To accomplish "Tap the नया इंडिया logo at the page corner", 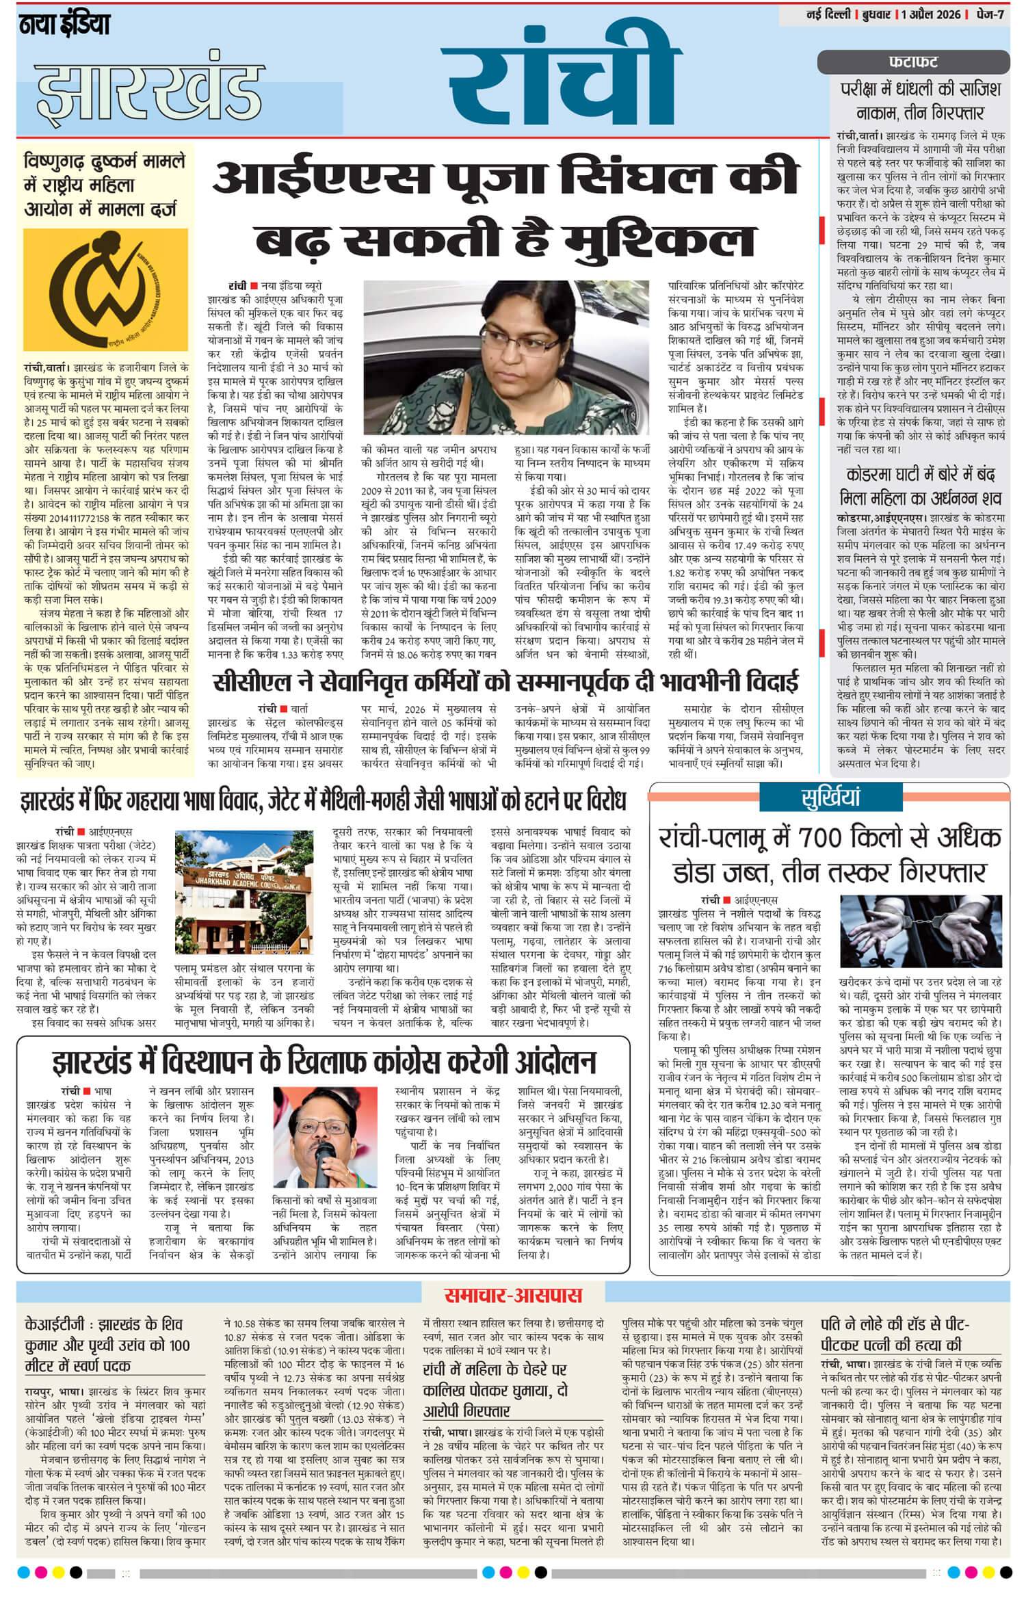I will [64, 25].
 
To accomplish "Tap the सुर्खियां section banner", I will [830, 797].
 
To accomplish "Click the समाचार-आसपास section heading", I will [512, 1294].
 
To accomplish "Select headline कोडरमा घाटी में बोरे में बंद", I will [920, 474].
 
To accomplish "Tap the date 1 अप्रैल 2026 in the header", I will [930, 14].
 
